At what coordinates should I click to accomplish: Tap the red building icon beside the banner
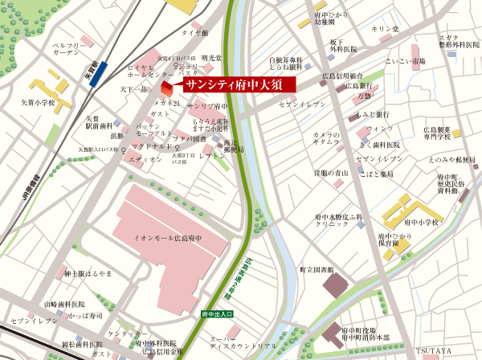(167, 87)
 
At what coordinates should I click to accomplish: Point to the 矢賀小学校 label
(38, 103)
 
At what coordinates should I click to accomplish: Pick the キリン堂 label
(384, 29)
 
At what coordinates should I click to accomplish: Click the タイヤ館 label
(194, 33)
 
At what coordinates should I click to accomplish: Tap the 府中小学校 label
(422, 222)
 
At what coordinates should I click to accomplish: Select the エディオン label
(145, 159)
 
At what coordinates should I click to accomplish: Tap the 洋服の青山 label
(330, 172)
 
